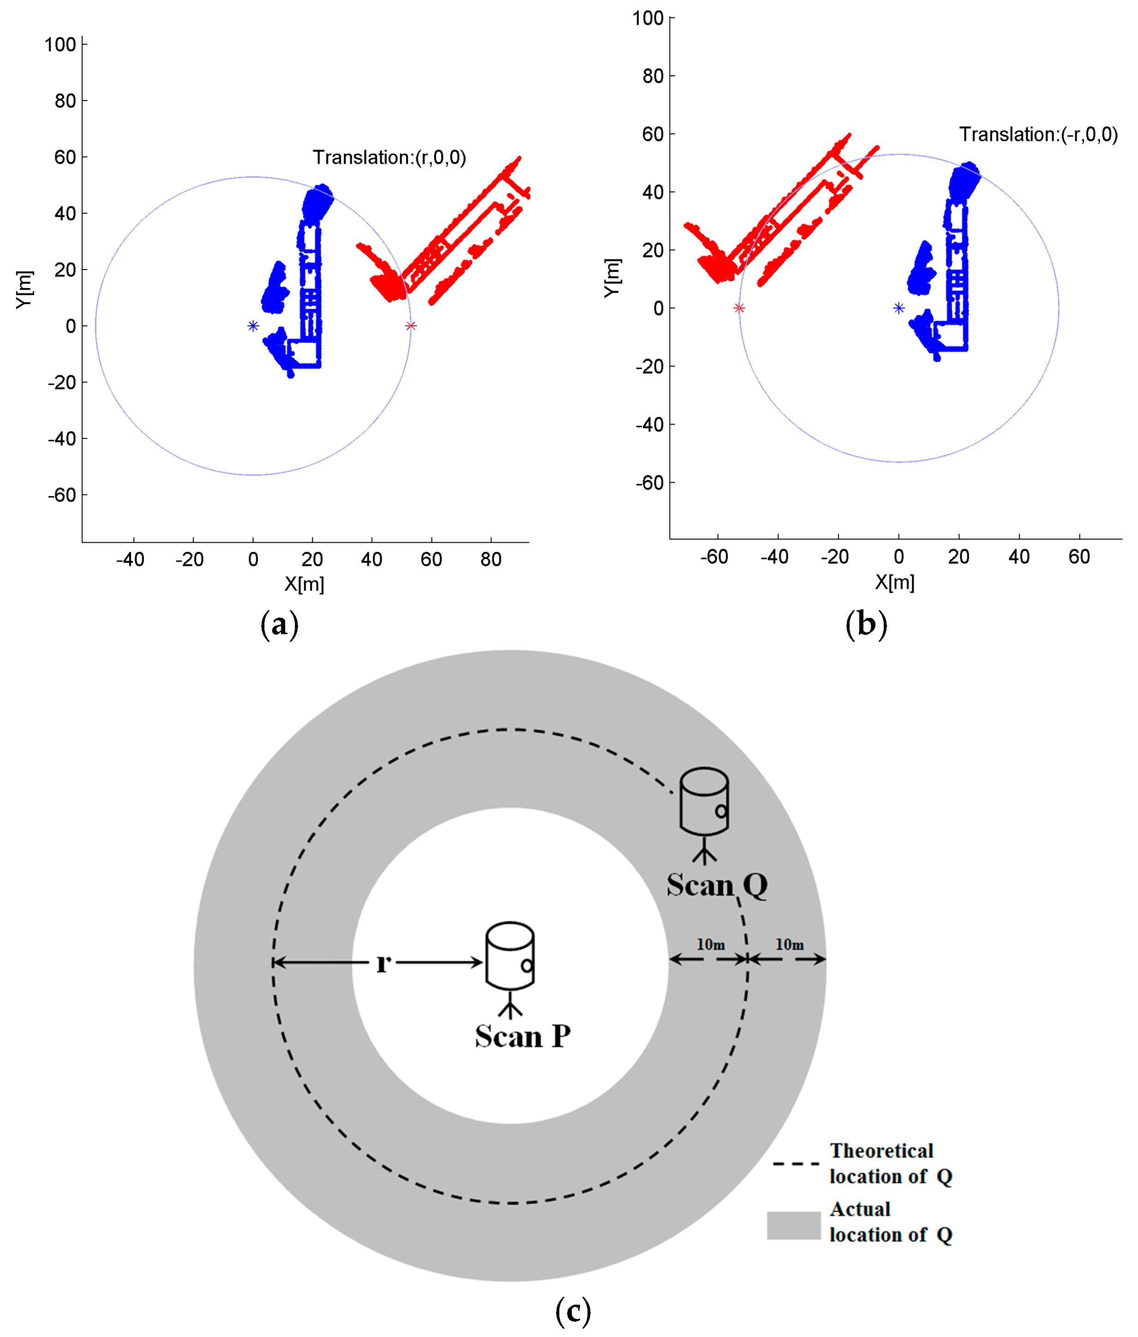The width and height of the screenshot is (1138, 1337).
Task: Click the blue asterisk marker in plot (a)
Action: [253, 326]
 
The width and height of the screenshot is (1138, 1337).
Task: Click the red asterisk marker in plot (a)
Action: [411, 326]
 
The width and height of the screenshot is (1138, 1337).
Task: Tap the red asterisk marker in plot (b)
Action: [739, 308]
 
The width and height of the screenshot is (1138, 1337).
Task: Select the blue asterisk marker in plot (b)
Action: [898, 308]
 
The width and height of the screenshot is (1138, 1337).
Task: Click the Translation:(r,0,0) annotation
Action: [389, 157]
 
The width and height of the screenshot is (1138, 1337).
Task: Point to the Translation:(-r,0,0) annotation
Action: [1038, 134]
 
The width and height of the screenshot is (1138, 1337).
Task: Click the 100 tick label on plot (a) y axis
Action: [60, 44]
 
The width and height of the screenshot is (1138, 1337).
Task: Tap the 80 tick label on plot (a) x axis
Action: [491, 559]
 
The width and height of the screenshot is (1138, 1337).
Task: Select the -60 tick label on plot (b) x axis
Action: [714, 557]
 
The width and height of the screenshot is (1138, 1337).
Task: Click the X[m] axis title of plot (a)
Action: [305, 584]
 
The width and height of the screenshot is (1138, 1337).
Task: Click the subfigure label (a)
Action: [279, 624]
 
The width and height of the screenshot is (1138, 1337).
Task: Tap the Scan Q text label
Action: [717, 885]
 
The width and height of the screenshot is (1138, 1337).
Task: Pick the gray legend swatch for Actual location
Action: [793, 1225]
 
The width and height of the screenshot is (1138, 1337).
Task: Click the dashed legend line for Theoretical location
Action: [796, 1164]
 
